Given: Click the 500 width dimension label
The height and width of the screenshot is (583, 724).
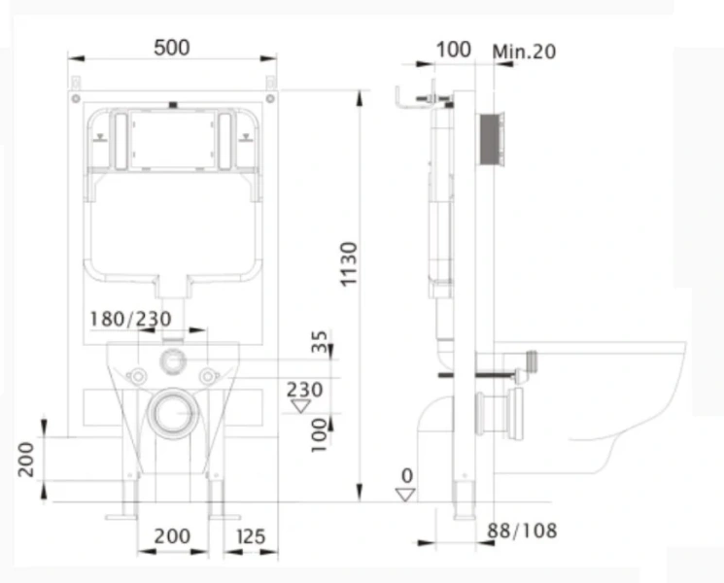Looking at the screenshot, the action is click(x=172, y=48).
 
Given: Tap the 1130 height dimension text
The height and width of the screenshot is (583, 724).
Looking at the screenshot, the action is click(x=349, y=264).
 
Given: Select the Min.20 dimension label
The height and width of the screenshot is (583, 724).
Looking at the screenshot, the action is click(x=524, y=51).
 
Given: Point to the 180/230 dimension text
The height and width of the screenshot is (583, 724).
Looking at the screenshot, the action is click(x=130, y=319).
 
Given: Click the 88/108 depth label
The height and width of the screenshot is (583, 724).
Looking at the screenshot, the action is click(x=522, y=531).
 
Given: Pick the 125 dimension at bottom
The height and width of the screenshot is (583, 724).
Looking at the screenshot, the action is click(x=251, y=536).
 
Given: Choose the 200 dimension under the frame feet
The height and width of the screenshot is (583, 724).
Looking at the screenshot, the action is click(x=172, y=536).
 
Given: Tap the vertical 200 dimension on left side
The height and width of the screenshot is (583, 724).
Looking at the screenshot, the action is click(x=26, y=460).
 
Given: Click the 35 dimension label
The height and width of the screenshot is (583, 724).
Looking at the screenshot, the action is click(x=319, y=341).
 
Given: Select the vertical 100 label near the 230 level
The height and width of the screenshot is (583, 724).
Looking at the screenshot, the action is click(x=319, y=435).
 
